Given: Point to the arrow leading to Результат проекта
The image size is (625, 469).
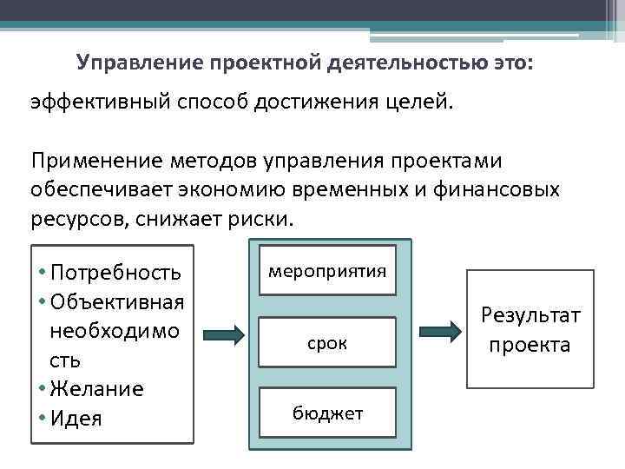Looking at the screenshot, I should tap(440, 331).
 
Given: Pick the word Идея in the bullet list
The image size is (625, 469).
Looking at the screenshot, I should tap(76, 418).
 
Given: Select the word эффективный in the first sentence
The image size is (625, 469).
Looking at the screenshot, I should tap(96, 102).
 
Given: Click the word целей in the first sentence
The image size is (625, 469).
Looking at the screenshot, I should tap(419, 102).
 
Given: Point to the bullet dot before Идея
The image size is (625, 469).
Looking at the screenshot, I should tap(42, 418).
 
